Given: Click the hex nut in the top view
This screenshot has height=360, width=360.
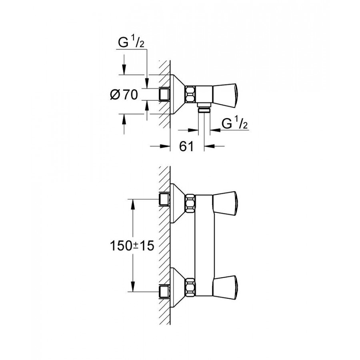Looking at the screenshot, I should coord(190,94).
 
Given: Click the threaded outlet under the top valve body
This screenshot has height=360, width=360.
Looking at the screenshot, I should coord(205,110).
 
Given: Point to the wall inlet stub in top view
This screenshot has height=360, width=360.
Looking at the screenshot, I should coord(164,94).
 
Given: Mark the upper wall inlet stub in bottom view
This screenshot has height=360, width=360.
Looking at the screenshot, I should coord(164,199).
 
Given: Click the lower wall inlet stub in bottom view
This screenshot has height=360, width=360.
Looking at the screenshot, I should coord(164,290).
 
